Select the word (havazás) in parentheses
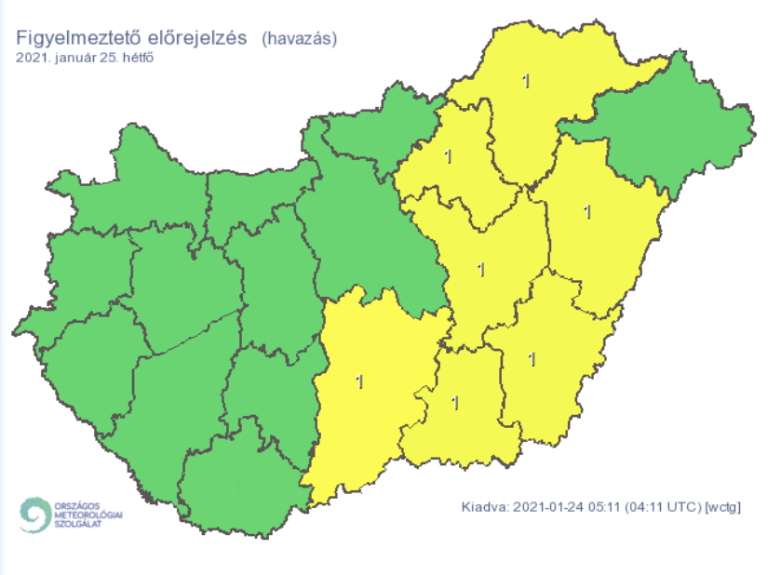click(299, 38)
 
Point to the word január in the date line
click(76, 58)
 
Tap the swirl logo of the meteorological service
click(36, 515)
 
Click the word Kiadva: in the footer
click(483, 508)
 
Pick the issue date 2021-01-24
click(545, 508)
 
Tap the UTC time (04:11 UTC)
click(660, 508)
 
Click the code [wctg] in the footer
click(726, 508)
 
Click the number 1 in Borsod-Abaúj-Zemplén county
click(526, 82)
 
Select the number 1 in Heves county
click(449, 155)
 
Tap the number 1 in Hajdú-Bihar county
click(586, 211)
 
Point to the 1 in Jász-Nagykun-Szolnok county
click(480, 270)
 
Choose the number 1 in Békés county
click(532, 358)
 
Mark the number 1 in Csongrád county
click(455, 403)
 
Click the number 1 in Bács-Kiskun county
click(360, 381)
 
